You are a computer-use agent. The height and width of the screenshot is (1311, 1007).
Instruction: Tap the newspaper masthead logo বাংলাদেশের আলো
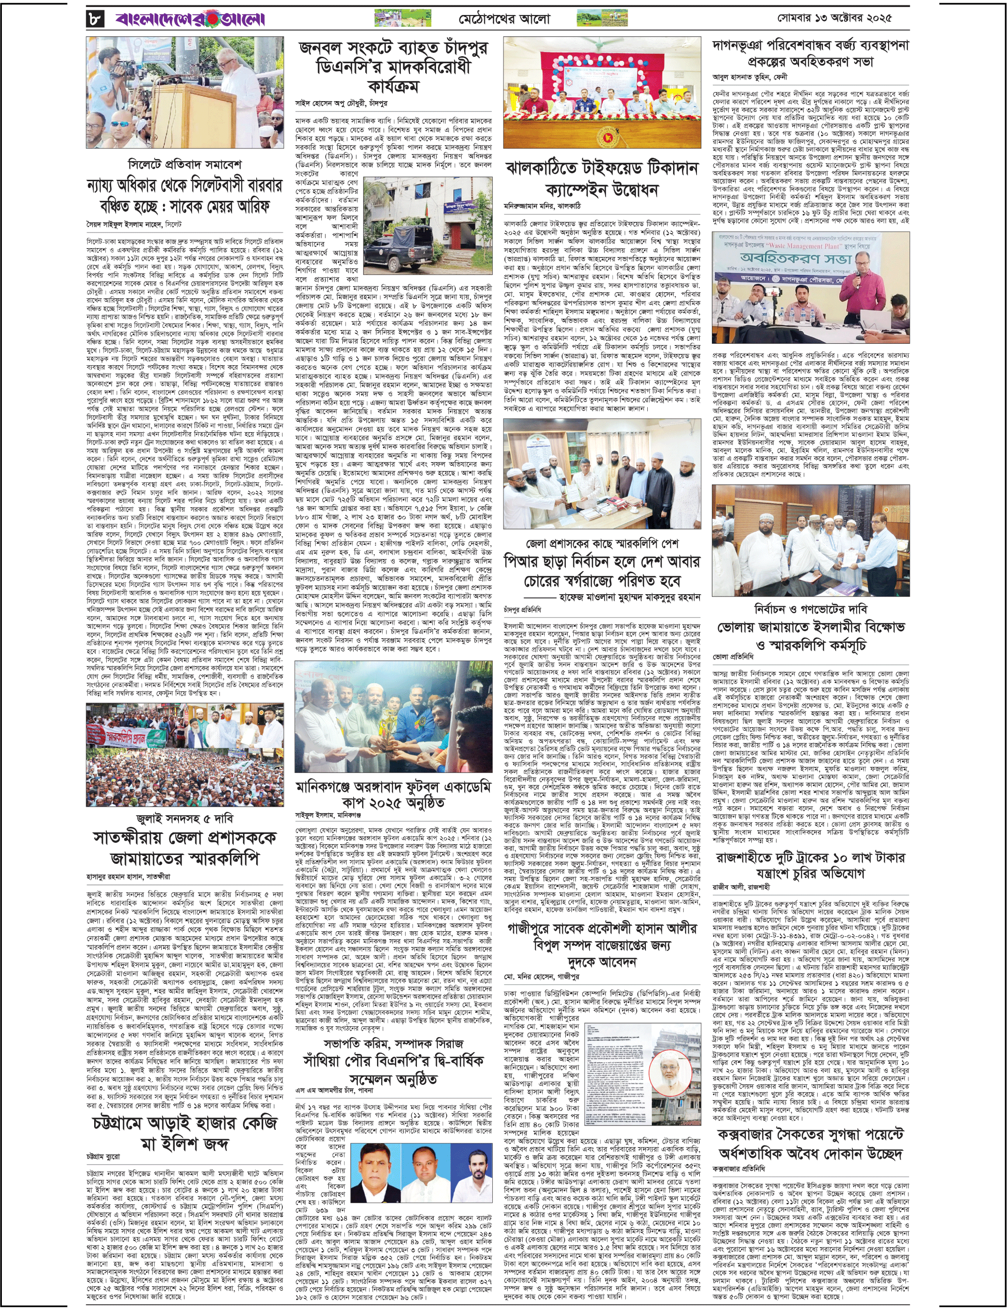(x=191, y=20)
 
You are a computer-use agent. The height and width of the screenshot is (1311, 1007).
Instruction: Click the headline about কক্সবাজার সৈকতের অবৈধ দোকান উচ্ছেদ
(x=810, y=1143)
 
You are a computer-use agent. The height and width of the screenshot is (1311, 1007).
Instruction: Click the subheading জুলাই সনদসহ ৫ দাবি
(x=185, y=818)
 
